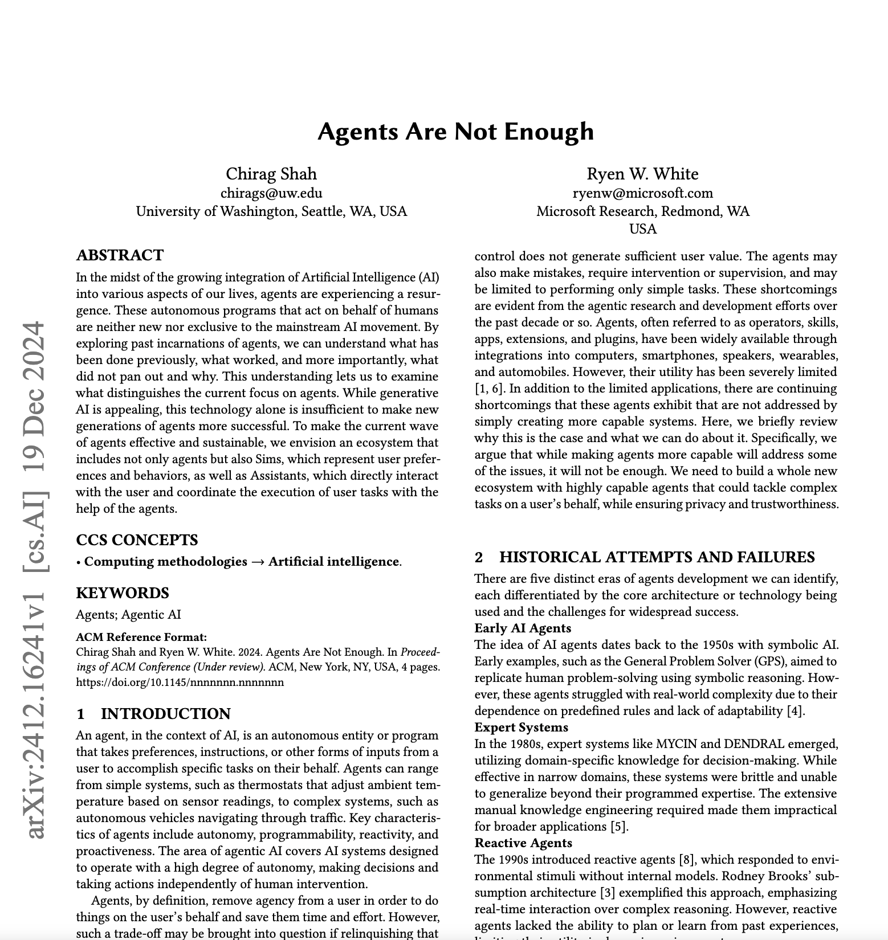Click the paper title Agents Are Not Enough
click(x=455, y=132)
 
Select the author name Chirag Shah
click(x=271, y=174)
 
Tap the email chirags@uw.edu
click(x=271, y=193)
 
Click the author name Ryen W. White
click(x=642, y=174)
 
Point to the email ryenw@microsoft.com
click(x=642, y=193)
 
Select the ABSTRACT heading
click(x=120, y=255)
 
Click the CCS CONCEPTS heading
click(x=137, y=540)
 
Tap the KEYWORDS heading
click(x=123, y=593)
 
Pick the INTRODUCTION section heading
click(x=165, y=714)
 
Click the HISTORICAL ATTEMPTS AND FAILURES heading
click(x=657, y=557)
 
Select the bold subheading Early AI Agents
click(x=523, y=628)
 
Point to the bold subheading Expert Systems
click(x=521, y=728)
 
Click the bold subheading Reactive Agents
click(x=523, y=843)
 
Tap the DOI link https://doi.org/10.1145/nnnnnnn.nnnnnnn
click(x=180, y=682)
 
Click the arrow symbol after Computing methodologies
click(x=258, y=562)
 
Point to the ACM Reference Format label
click(x=141, y=637)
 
